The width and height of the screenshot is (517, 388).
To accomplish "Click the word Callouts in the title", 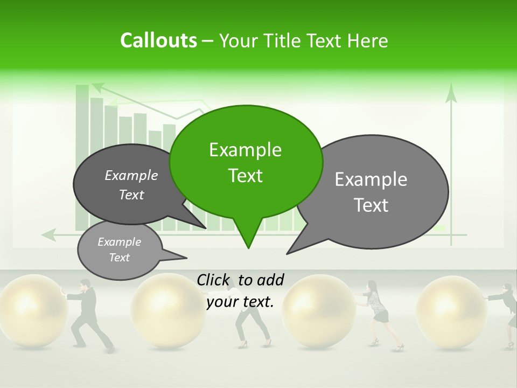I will (x=158, y=40).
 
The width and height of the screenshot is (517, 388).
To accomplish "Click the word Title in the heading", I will (x=284, y=40).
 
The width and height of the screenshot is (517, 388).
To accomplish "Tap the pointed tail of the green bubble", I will (x=248, y=244).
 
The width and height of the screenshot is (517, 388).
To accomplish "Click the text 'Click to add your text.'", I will (x=240, y=290).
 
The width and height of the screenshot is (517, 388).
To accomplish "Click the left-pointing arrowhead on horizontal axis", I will (x=48, y=234).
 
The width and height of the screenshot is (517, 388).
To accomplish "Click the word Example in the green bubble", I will (x=245, y=150).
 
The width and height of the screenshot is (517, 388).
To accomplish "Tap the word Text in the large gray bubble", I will (x=372, y=205).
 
